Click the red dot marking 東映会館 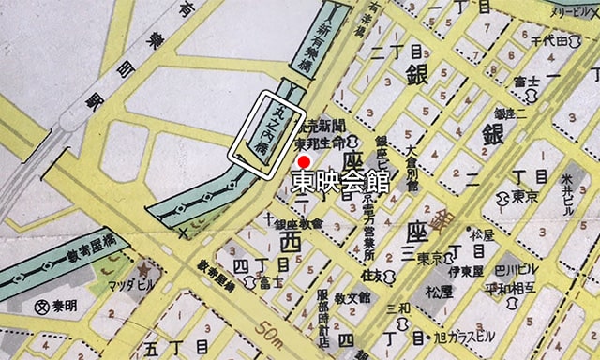click(290, 161)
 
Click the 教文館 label click(355, 296)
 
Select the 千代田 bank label click(550, 41)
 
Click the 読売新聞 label click(316, 127)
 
